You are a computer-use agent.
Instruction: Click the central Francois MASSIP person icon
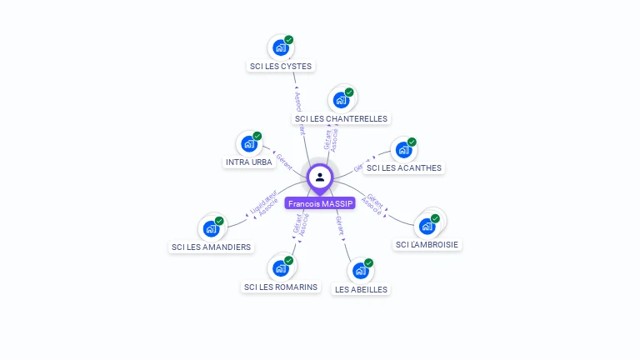[x=320, y=177]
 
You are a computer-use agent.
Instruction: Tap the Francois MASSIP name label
[x=320, y=203]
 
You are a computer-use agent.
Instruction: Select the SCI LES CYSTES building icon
[x=281, y=47]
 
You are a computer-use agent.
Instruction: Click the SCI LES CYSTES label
[x=282, y=66]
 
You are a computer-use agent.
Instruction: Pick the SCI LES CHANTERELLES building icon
[x=341, y=100]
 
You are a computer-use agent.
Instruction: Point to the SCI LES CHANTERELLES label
[x=342, y=118]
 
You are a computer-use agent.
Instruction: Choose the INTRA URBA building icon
[x=249, y=143]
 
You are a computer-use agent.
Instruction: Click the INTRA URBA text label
[x=249, y=162]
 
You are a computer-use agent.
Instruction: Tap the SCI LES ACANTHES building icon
[x=404, y=150]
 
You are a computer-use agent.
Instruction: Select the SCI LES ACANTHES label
[x=404, y=167]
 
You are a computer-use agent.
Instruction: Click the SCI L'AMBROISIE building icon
[x=427, y=226]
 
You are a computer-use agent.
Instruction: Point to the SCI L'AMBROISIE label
[x=427, y=244]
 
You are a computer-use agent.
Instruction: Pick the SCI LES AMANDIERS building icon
[x=211, y=228]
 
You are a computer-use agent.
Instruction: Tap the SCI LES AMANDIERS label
[x=211, y=247]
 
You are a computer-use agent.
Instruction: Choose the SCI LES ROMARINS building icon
[x=281, y=268]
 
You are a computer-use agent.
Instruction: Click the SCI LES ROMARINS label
[x=281, y=287]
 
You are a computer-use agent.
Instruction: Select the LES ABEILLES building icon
[x=361, y=271]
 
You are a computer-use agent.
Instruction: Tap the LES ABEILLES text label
[x=361, y=289]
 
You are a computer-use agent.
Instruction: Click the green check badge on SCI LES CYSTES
[x=289, y=39]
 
